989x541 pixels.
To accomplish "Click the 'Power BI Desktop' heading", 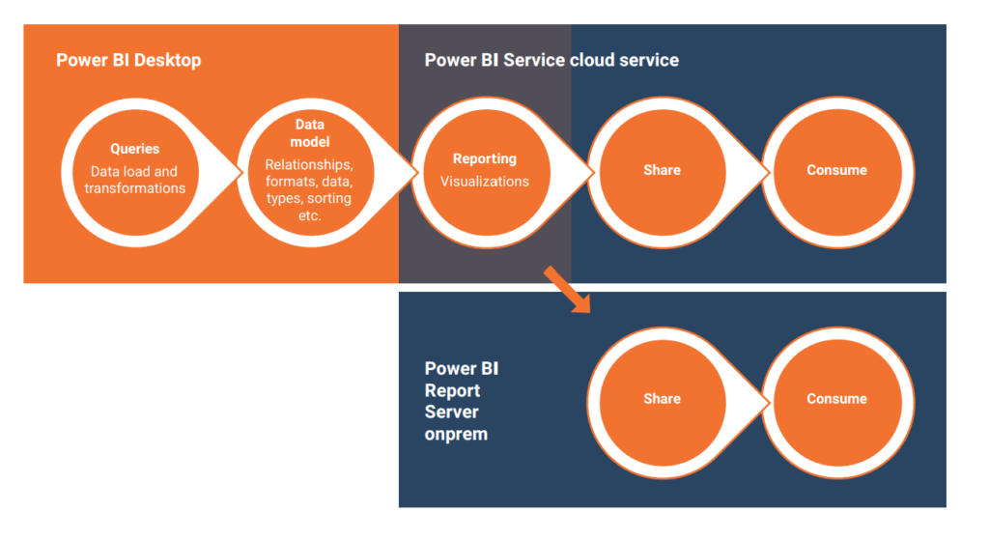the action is [128, 60].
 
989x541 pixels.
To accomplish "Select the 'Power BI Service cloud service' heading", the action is [551, 60].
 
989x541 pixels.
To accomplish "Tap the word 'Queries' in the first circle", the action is [135, 149].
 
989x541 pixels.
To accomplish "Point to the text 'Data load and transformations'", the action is [135, 180].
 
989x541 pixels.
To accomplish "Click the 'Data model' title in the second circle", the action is [310, 133].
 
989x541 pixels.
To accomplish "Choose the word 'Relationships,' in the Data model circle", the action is [309, 164].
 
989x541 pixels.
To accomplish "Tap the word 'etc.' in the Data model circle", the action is [310, 215].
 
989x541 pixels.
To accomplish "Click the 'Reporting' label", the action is [485, 158].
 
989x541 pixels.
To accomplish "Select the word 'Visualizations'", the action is [485, 182].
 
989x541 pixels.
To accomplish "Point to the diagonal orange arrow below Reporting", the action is [567, 290].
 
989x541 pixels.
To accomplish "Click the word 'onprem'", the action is [456, 435].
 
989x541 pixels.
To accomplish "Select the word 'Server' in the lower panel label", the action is [452, 413].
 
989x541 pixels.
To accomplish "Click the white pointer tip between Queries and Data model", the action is [241, 172].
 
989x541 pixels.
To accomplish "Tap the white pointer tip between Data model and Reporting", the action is [417, 172].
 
